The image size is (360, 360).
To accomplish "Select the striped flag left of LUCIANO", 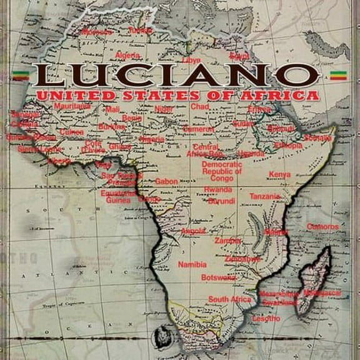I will [20, 77].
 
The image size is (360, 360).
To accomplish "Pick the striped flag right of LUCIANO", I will [338, 76].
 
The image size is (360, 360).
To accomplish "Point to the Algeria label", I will [127, 56].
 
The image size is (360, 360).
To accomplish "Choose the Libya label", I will [192, 60].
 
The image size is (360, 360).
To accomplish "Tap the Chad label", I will [200, 107].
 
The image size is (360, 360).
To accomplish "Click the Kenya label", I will [279, 174].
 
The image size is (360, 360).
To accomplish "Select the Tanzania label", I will [265, 196].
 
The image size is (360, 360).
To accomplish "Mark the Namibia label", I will [192, 264].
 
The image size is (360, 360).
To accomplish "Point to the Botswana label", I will [218, 277].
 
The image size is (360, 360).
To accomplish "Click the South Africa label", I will [229, 299].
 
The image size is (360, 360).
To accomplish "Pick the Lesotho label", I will [266, 318].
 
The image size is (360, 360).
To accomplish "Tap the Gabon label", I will [166, 181].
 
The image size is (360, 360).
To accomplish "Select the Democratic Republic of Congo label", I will [221, 171].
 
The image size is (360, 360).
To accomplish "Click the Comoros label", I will [322, 226].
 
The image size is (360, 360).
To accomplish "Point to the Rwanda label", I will [218, 189].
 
